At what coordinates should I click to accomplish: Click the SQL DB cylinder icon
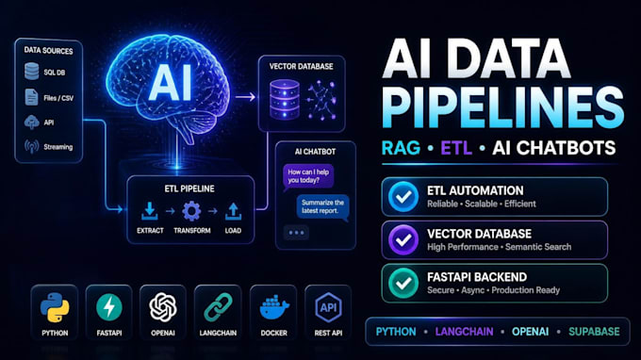(x=31, y=71)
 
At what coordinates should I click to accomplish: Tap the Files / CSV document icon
(x=31, y=97)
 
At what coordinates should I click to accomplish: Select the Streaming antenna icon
(x=31, y=146)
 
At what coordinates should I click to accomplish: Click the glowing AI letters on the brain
(x=171, y=83)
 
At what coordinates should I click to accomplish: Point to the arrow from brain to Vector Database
(x=245, y=97)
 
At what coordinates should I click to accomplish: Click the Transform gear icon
(x=191, y=211)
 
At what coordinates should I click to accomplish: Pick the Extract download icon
(x=150, y=211)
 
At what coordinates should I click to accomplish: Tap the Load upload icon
(x=233, y=211)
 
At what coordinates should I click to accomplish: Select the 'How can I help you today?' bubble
(x=308, y=176)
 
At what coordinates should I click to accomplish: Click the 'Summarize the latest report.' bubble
(x=322, y=206)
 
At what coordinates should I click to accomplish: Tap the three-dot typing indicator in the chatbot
(x=296, y=233)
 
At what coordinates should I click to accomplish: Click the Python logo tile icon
(x=55, y=307)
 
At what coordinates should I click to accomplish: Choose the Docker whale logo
(x=274, y=307)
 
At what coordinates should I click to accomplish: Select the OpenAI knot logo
(x=163, y=307)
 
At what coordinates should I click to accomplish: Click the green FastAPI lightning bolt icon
(x=109, y=307)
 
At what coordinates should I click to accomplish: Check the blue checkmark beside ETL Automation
(x=403, y=197)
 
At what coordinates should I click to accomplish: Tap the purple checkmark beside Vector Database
(x=403, y=240)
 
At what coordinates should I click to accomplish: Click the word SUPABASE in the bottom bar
(x=594, y=332)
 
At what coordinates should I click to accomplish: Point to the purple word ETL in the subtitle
(x=456, y=148)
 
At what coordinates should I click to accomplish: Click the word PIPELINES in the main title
(x=502, y=107)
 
